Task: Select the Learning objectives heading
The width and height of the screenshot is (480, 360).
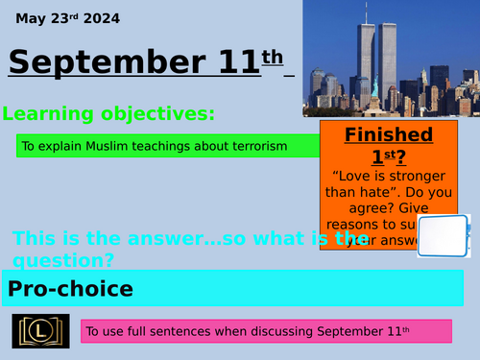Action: (x=108, y=114)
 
